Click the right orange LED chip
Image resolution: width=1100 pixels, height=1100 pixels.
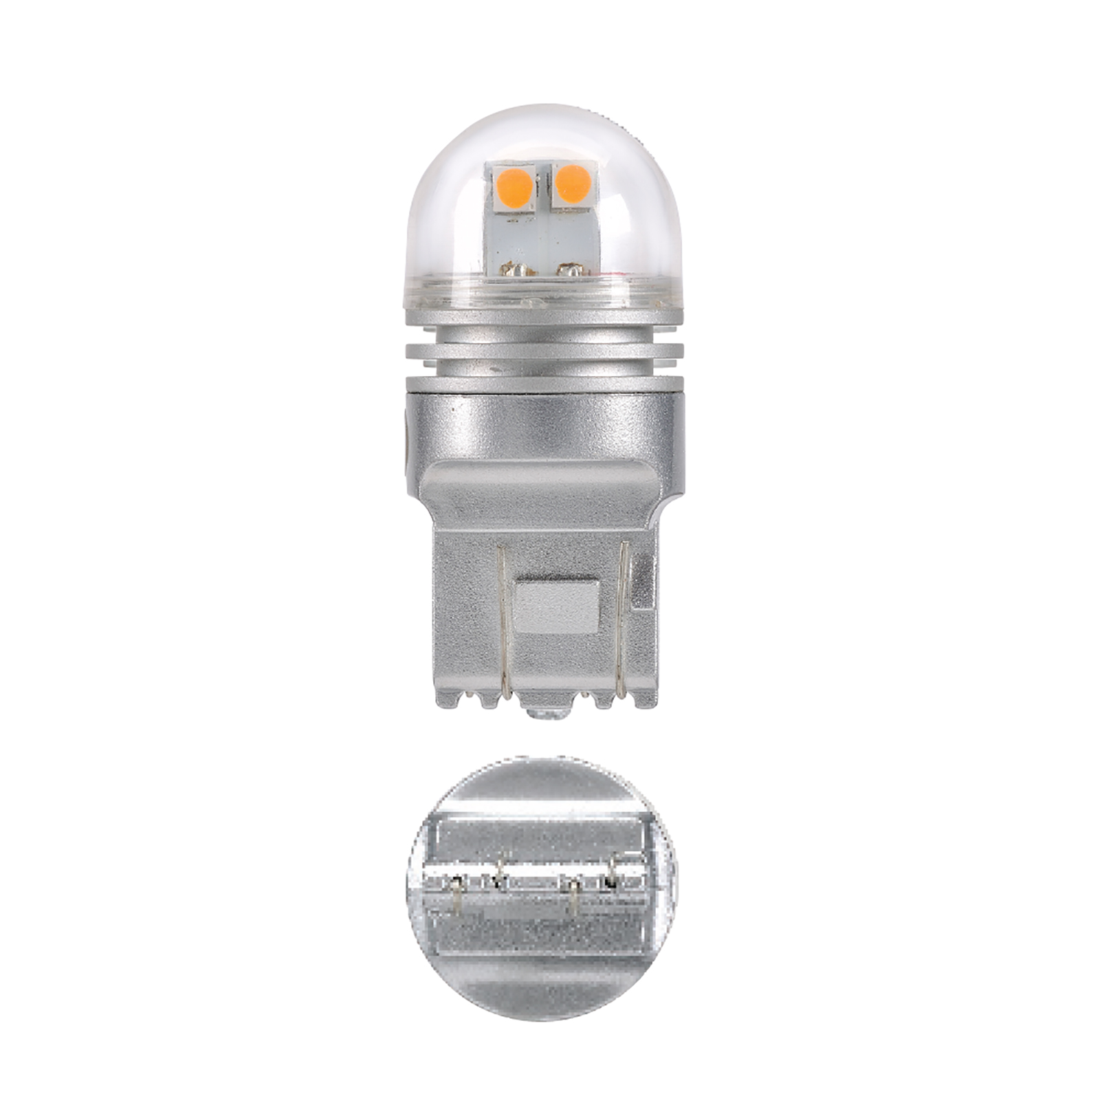point(573,184)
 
